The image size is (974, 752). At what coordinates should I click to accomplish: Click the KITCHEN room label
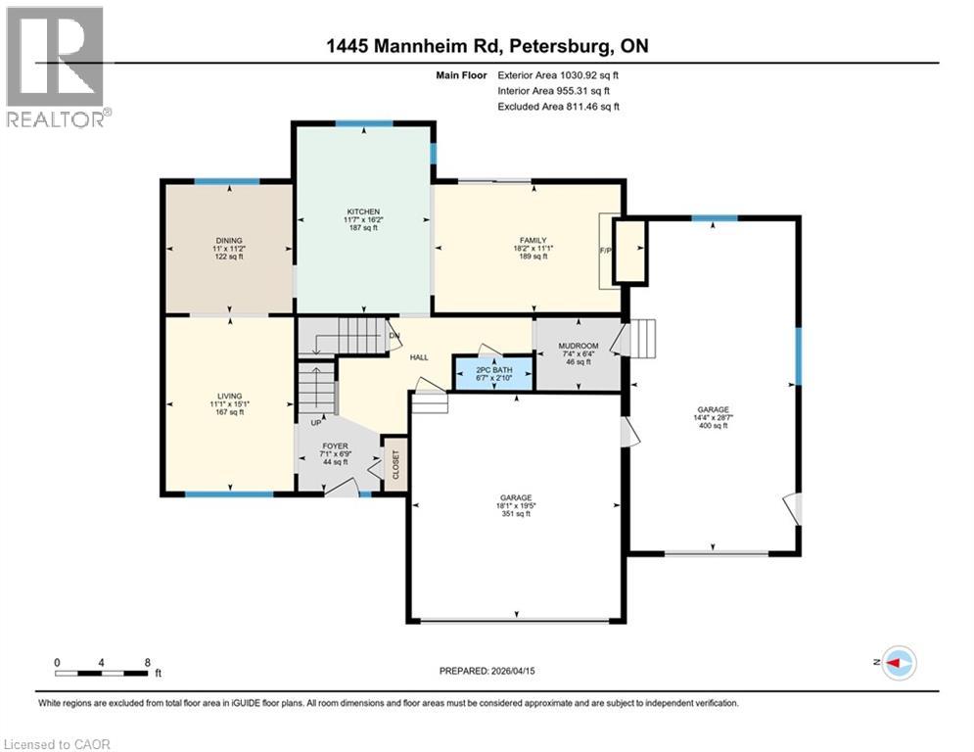tap(363, 211)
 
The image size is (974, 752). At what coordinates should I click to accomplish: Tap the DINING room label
tap(229, 241)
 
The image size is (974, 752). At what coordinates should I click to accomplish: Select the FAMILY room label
tap(533, 241)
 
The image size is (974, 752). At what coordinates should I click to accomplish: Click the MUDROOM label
tap(577, 347)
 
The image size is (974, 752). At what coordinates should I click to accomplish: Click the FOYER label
tap(336, 446)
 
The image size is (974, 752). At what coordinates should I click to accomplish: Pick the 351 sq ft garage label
tap(516, 498)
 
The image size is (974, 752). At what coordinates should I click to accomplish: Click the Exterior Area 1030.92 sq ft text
tap(559, 73)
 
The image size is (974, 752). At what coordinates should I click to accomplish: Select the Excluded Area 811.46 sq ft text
tap(559, 106)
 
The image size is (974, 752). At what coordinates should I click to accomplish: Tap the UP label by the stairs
tap(315, 424)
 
